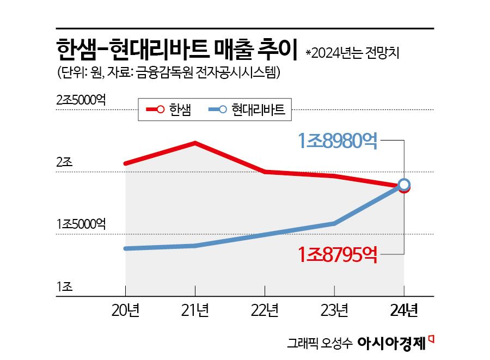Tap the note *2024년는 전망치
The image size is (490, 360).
(356, 53)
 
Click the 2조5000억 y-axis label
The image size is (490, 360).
(81, 100)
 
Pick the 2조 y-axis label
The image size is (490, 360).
(64, 162)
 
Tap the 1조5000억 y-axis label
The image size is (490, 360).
(81, 224)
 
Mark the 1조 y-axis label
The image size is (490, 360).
(64, 287)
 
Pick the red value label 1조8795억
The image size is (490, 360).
(338, 254)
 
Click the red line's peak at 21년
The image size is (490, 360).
(195, 143)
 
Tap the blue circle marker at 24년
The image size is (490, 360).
(404, 185)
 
